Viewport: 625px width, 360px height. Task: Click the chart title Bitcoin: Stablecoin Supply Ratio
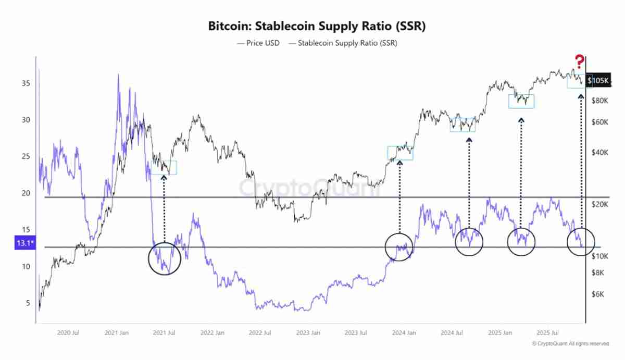coord(317,26)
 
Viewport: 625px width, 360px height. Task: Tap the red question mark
coord(579,61)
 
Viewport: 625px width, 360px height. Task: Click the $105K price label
coord(598,81)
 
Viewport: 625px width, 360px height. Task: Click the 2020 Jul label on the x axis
coord(68,332)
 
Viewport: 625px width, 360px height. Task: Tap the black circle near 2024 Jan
coord(399,246)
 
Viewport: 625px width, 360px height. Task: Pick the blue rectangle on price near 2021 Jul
coord(164,168)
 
